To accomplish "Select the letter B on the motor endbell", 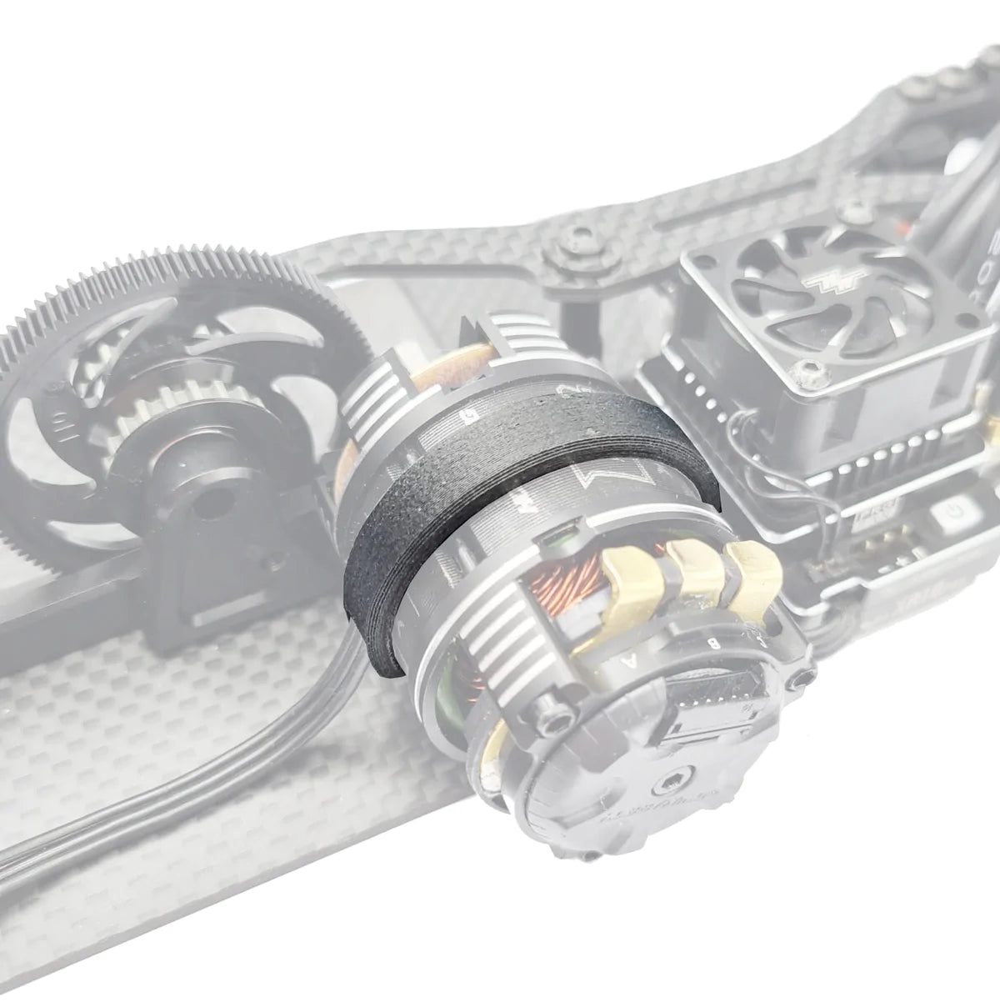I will [x=713, y=643].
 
